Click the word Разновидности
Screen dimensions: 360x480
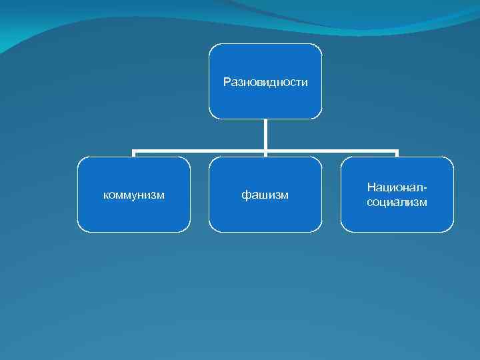pyautogui.click(x=265, y=82)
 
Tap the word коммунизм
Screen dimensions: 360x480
pyautogui.click(x=134, y=195)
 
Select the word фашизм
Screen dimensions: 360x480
pyautogui.click(x=265, y=195)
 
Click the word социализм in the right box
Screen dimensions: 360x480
pyautogui.click(x=397, y=202)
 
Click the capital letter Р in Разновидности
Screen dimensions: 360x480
pyautogui.click(x=227, y=82)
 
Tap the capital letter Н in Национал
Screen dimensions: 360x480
pyautogui.click(x=371, y=188)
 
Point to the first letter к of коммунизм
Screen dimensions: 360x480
pyautogui.click(x=106, y=195)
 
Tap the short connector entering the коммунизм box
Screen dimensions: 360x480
pyautogui.click(x=134, y=155)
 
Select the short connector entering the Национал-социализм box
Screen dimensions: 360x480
pyautogui.click(x=397, y=155)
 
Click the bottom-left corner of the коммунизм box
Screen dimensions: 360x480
pyautogui.click(x=79, y=230)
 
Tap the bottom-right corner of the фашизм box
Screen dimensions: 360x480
pyautogui.click(x=320, y=230)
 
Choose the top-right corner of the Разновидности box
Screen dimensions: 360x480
pyautogui.click(x=320, y=46)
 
